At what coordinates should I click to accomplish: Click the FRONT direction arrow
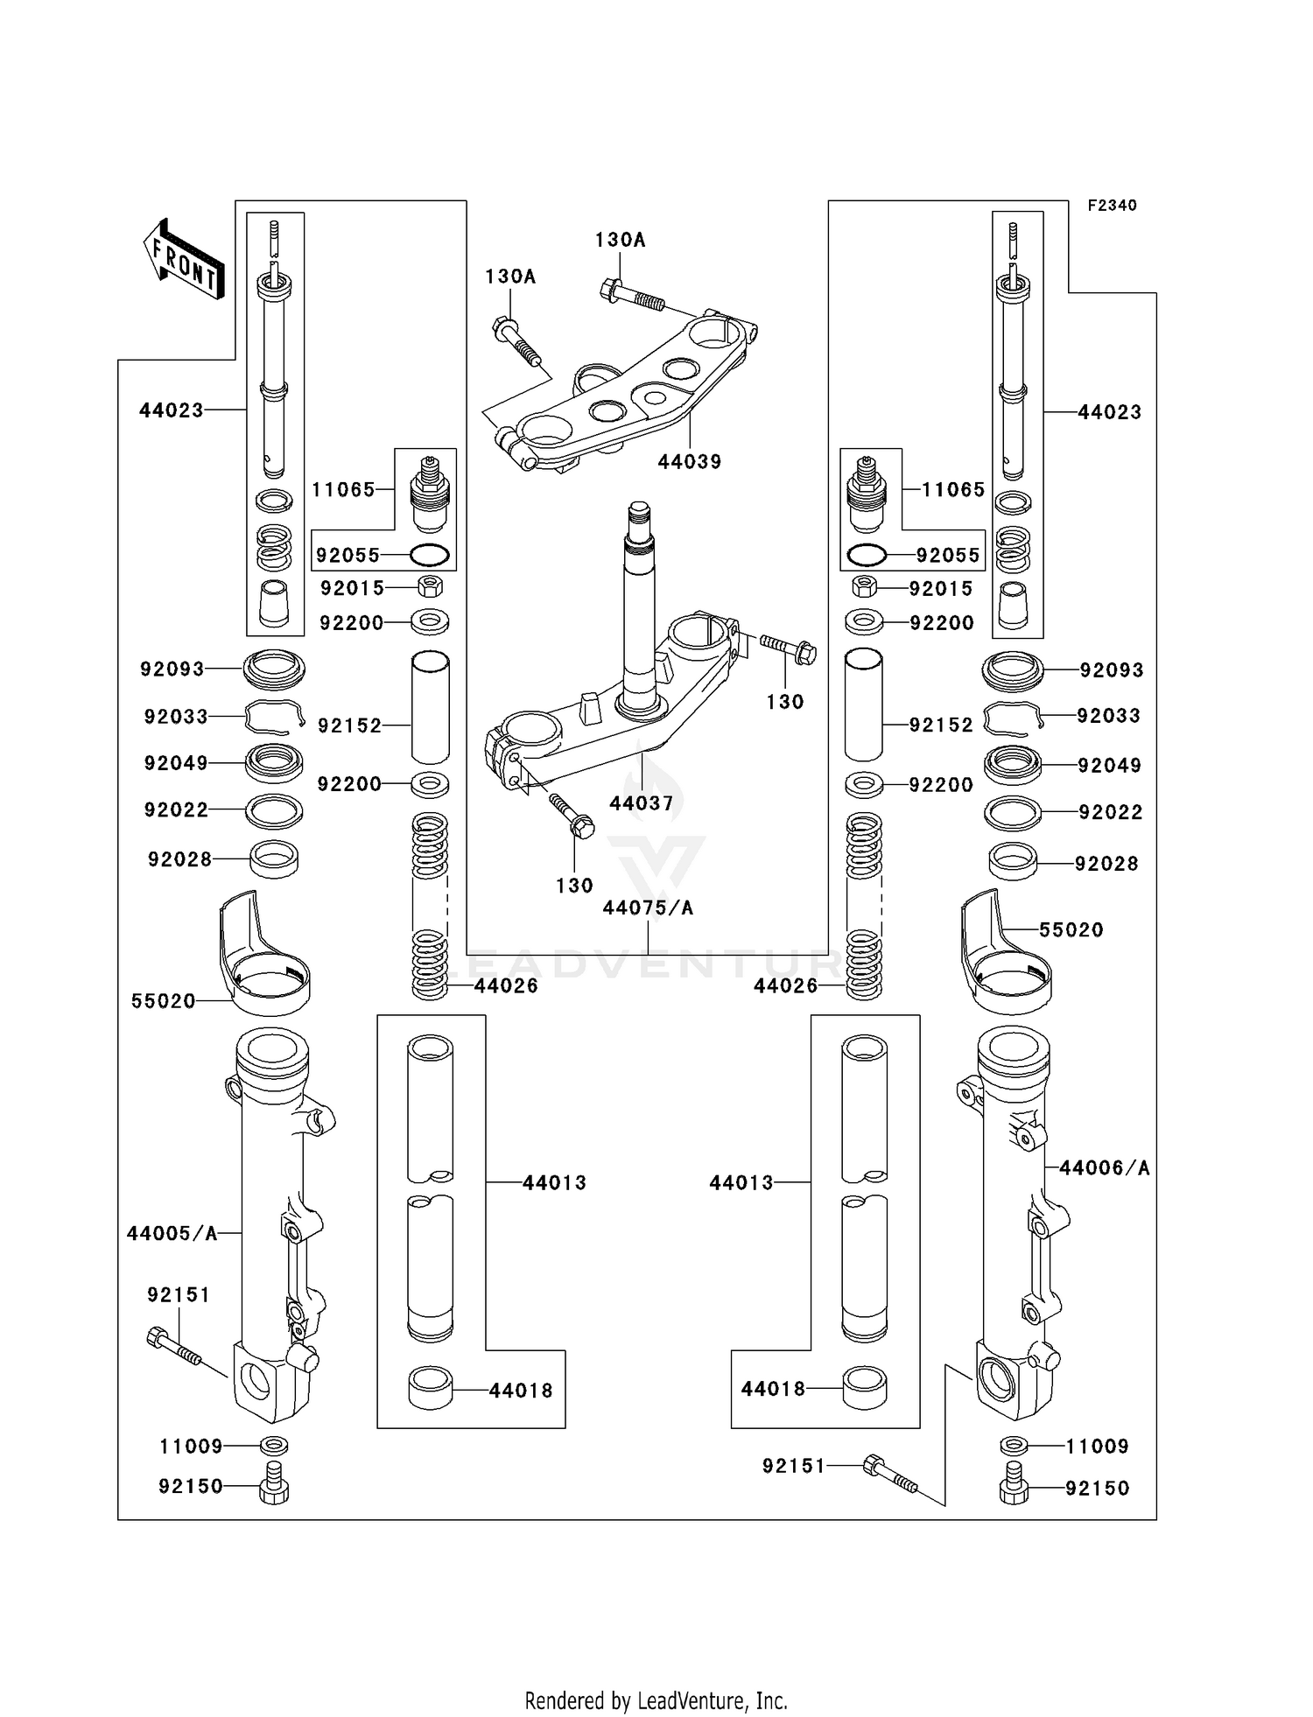(x=185, y=259)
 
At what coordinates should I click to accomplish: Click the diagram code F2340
(x=1112, y=206)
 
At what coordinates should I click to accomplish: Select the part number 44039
(x=690, y=461)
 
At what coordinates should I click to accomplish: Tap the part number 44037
(x=641, y=802)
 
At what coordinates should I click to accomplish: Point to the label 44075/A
(x=648, y=908)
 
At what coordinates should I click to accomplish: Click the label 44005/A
(x=172, y=1233)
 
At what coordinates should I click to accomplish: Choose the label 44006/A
(x=1104, y=1167)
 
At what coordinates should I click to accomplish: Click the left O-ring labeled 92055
(x=430, y=555)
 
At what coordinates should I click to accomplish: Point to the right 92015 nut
(x=865, y=586)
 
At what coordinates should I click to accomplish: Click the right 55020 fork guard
(x=1005, y=958)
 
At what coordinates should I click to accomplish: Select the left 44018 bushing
(x=431, y=1389)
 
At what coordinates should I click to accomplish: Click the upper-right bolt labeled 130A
(x=632, y=295)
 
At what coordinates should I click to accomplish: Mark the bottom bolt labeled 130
(x=571, y=813)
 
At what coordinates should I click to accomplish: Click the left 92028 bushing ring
(x=274, y=859)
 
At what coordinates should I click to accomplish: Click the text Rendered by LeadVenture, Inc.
(x=656, y=1700)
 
